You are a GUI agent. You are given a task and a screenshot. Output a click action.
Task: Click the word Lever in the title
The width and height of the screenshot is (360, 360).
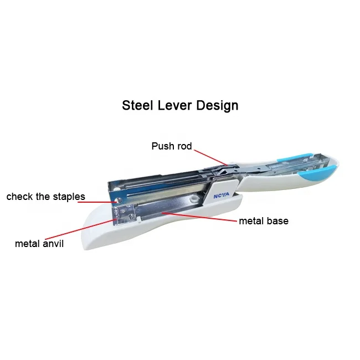click(x=176, y=105)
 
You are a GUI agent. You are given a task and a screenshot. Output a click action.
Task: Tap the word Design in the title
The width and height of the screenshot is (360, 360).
click(x=218, y=105)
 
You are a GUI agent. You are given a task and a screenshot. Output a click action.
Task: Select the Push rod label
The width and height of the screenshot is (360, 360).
click(x=171, y=146)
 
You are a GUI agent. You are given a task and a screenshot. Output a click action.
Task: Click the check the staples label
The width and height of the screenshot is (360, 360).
click(x=45, y=197)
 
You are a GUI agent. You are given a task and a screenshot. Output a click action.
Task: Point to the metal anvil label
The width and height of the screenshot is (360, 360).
click(x=39, y=243)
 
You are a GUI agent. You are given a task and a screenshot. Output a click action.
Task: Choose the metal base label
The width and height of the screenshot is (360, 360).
click(x=264, y=221)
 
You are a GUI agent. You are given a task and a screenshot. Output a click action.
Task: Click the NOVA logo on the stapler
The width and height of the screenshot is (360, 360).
click(x=220, y=196)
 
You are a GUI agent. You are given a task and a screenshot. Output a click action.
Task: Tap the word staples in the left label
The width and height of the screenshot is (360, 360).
click(x=69, y=197)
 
